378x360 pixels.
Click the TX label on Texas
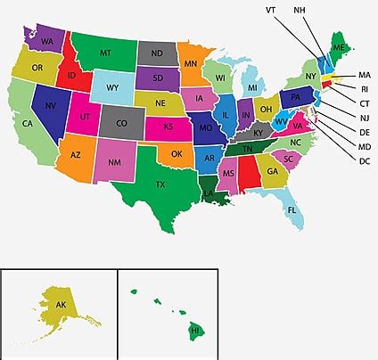tap(160, 184)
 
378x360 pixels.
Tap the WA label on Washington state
tap(47, 41)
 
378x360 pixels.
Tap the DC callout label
tap(365, 160)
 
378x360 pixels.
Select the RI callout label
tap(365, 88)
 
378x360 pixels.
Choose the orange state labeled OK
tap(177, 153)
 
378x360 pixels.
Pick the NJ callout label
tap(365, 118)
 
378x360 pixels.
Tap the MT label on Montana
tap(105, 53)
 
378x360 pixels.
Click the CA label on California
tap(29, 123)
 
